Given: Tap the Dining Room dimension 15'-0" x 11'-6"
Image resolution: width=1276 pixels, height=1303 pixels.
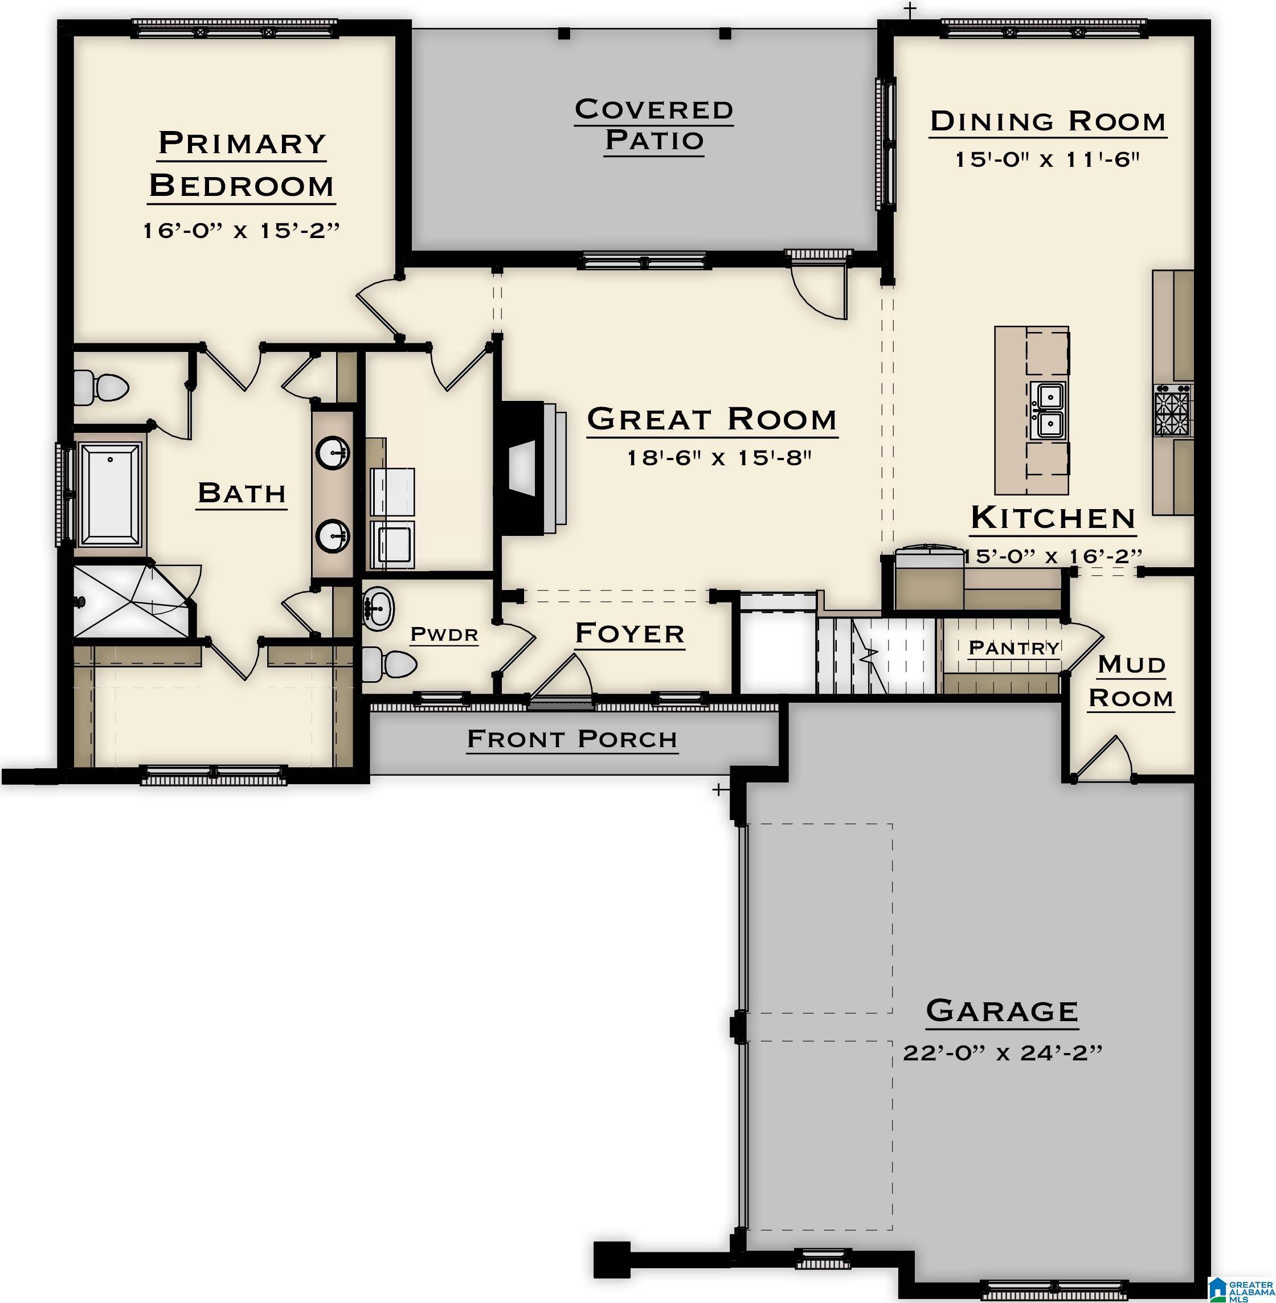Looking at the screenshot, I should pos(1047,159).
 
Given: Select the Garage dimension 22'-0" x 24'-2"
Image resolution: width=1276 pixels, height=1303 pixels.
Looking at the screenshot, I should pos(1002,1052).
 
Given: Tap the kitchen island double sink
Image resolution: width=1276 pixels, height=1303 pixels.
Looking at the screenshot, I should pos(1049,410).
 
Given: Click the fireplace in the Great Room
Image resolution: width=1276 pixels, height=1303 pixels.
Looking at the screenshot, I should pos(529,468).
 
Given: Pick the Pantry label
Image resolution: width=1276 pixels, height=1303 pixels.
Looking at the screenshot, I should pos(1014,648).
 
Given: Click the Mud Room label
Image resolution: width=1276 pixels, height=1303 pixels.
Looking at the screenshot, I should pos(1131,681).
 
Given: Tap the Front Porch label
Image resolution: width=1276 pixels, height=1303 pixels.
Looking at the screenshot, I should pos(572,739).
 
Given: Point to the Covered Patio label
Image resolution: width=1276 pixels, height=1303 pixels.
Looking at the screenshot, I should pos(653,125).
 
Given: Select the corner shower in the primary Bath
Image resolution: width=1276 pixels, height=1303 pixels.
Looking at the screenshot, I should pos(130,601).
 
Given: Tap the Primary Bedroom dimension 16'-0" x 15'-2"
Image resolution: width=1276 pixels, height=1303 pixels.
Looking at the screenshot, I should pos(242,231).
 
